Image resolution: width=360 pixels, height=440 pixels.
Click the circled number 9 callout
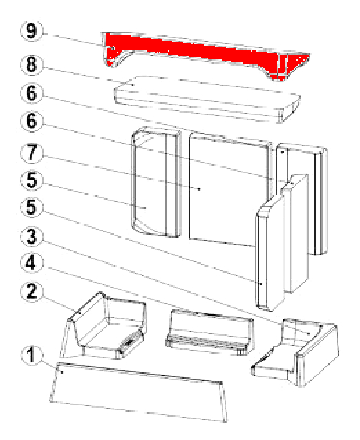(x=32, y=31)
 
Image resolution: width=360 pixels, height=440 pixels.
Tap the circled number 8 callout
(x=32, y=64)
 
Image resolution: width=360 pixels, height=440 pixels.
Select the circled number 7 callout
(x=32, y=153)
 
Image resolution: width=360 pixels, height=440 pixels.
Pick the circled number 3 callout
(x=32, y=236)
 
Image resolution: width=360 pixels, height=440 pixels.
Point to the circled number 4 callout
(x=32, y=262)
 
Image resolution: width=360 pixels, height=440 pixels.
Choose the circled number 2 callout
(x=32, y=291)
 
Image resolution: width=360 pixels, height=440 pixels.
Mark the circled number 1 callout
(x=32, y=355)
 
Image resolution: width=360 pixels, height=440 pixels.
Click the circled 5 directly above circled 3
(x=32, y=208)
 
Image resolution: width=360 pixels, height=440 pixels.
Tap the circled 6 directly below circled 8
(x=32, y=93)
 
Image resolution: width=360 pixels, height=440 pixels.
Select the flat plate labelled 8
(x=207, y=99)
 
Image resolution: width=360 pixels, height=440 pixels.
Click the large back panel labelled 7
(x=228, y=189)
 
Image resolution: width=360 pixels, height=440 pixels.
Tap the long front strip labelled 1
(x=139, y=392)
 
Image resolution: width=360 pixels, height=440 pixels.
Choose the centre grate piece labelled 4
(x=209, y=332)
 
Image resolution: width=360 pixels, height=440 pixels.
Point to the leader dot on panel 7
(x=200, y=189)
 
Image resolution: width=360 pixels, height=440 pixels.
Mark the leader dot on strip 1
(x=62, y=372)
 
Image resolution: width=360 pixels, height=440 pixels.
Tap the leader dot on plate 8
(x=133, y=84)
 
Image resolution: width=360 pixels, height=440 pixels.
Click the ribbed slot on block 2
(x=130, y=341)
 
